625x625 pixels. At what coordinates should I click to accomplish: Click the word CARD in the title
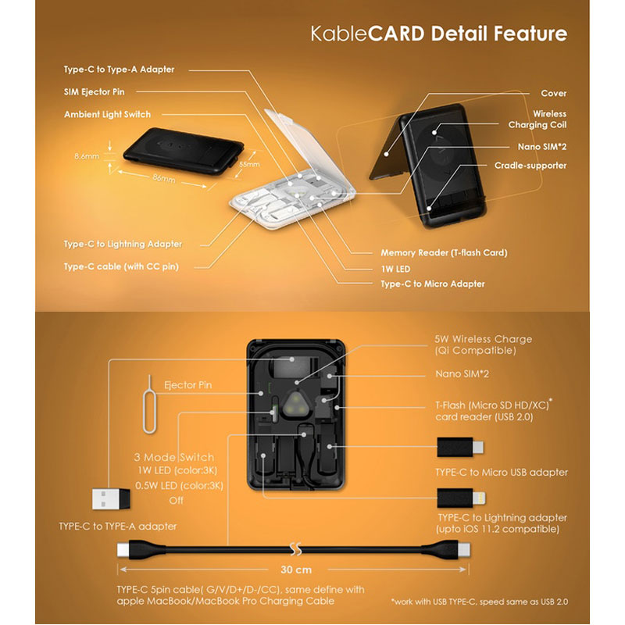pos(396,34)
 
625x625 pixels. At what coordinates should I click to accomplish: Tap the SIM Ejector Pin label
pos(94,92)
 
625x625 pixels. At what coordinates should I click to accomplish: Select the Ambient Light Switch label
pos(107,114)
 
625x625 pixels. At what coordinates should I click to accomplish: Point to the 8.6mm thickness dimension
pos(87,156)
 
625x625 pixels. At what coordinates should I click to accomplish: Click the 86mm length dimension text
pos(164,178)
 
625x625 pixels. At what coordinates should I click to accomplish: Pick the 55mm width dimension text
pos(249,164)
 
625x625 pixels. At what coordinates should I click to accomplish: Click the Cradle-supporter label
pos(530,166)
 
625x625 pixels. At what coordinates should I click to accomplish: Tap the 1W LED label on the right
pos(395,269)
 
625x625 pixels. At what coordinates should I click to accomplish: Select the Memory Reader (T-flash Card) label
pos(444,252)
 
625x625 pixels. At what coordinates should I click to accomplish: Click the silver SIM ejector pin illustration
pos(149,404)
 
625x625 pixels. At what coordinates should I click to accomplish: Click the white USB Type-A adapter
pos(111,498)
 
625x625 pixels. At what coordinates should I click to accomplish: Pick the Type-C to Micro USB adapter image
pos(460,447)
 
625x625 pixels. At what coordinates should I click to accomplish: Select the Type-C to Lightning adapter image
pos(461,498)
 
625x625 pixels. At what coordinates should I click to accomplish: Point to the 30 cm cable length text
pos(296,570)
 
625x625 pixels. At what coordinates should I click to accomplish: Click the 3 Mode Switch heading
pos(173,457)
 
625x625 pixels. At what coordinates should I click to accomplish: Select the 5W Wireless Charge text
pos(483,339)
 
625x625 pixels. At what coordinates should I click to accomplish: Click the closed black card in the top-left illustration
pos(184,151)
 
